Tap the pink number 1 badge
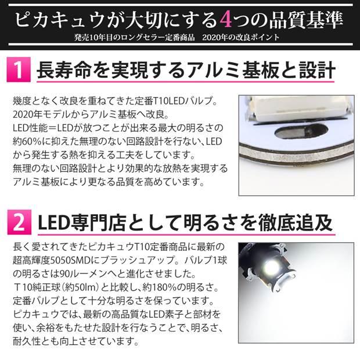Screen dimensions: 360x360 (18, 71)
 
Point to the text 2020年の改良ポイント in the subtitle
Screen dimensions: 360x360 (244, 38)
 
